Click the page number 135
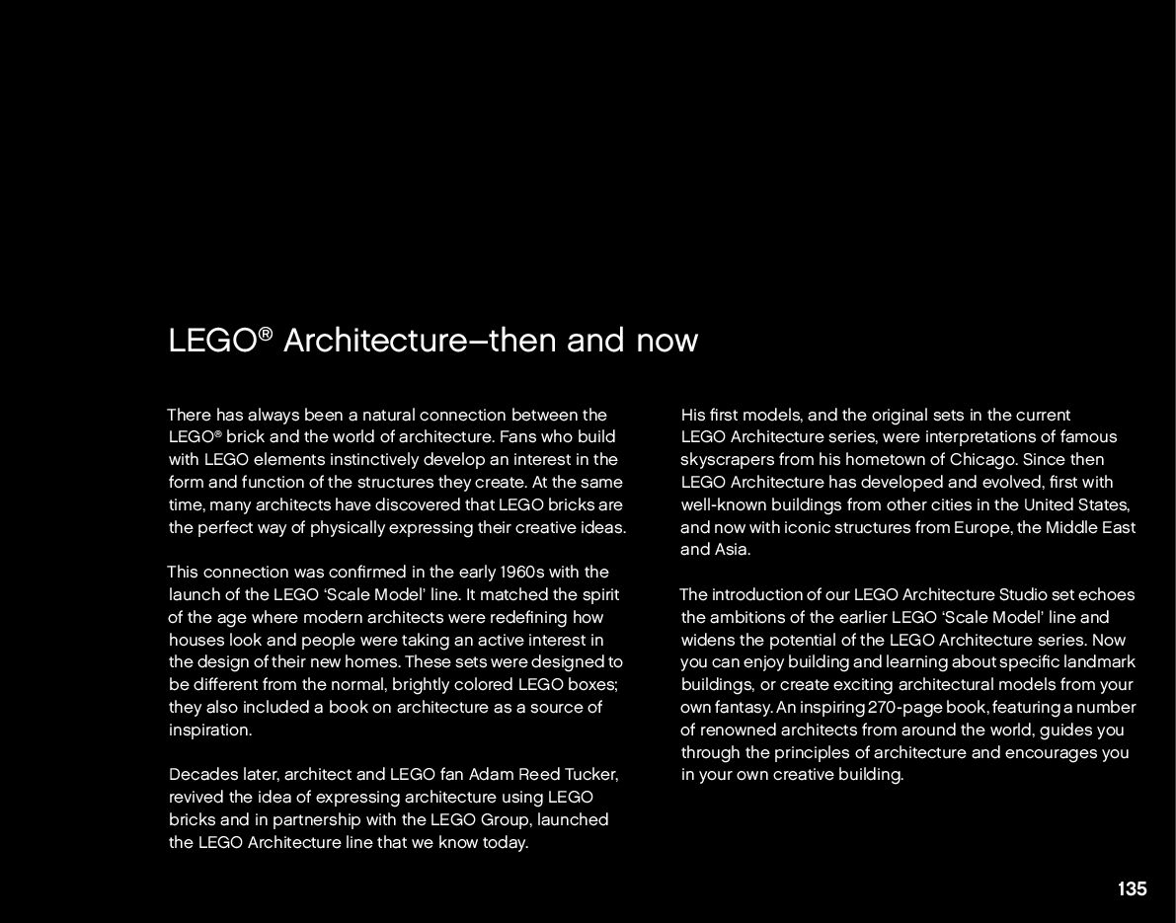[x=1132, y=888]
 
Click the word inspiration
[x=210, y=731]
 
